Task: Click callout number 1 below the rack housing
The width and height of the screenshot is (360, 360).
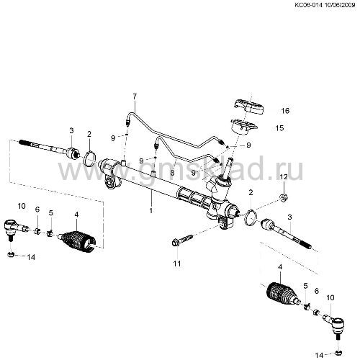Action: point(151,211)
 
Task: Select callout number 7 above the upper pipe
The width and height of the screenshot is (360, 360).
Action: point(135,96)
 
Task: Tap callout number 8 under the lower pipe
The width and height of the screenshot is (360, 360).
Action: point(172,172)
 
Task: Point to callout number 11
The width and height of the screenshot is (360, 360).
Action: point(177,264)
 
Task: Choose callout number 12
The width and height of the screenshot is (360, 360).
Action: point(284,177)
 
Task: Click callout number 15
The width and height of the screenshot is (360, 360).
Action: point(279,128)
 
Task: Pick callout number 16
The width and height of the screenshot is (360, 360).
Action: point(285,111)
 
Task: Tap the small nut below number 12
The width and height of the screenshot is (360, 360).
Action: point(284,198)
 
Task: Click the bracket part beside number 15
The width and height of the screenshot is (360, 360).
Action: point(243,126)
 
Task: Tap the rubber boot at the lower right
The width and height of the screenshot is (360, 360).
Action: point(283,294)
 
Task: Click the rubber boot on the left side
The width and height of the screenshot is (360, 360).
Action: point(77,242)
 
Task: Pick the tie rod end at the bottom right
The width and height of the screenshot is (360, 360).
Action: point(335,325)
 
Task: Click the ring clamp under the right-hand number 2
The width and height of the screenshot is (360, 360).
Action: point(251,217)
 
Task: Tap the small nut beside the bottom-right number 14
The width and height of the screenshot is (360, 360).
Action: point(338,353)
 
